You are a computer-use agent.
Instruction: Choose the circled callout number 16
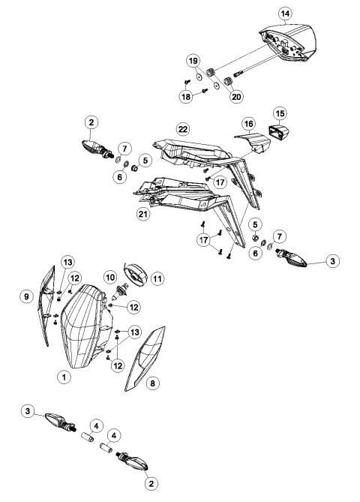(247, 122)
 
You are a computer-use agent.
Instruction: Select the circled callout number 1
(66, 377)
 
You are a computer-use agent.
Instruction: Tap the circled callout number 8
(153, 383)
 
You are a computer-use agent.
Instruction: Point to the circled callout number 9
(25, 296)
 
